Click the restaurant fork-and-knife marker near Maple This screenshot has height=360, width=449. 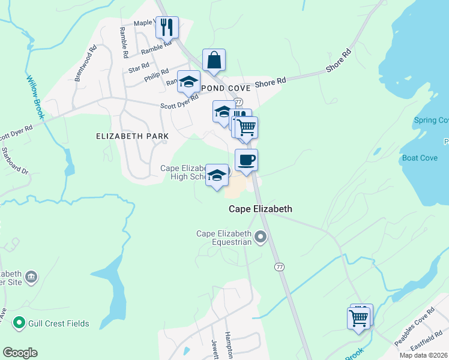tap(167, 27)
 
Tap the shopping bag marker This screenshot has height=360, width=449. tap(214, 60)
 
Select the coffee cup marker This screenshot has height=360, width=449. tap(246, 160)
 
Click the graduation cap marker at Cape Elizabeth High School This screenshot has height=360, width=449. tap(217, 175)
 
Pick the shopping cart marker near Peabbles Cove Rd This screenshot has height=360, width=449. tap(358, 318)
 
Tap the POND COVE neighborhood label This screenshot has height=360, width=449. tap(221, 88)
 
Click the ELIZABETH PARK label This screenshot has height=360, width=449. tap(132, 136)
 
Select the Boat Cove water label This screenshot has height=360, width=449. tap(419, 158)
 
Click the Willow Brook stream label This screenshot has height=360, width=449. tap(35, 97)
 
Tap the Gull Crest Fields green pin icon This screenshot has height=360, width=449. tap(19, 323)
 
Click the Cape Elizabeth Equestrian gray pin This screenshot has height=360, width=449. tap(261, 238)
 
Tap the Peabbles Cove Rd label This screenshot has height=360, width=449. tap(414, 328)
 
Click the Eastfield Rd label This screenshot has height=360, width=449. tap(427, 344)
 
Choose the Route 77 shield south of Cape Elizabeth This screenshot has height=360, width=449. tap(279, 266)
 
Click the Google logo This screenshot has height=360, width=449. tap(20, 353)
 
